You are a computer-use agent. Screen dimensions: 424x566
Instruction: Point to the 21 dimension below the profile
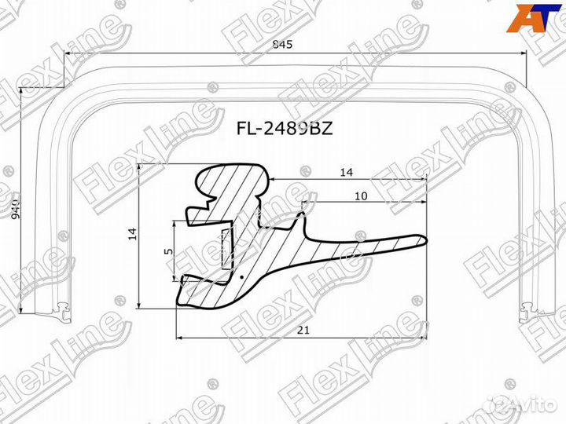pyautogui.click(x=302, y=331)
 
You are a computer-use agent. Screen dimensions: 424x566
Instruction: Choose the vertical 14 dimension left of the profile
pyautogui.click(x=132, y=232)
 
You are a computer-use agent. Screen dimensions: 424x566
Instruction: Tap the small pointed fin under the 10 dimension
pyautogui.click(x=302, y=210)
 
